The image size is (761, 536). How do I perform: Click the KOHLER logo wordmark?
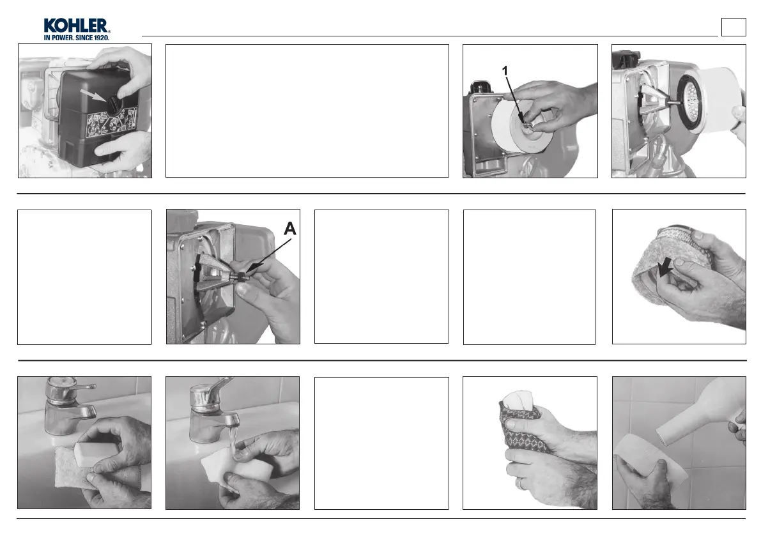pyautogui.click(x=76, y=26)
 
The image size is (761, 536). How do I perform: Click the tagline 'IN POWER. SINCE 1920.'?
pyautogui.click(x=77, y=38)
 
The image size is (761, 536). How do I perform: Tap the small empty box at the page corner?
pyautogui.click(x=734, y=27)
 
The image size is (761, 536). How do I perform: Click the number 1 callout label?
pyautogui.click(x=505, y=72)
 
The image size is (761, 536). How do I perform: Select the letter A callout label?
pyautogui.click(x=289, y=229)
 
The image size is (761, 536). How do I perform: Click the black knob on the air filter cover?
pyautogui.click(x=114, y=103)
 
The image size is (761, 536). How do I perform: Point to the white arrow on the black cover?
pyautogui.click(x=94, y=95)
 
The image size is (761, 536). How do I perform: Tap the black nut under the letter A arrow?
pyautogui.click(x=241, y=278)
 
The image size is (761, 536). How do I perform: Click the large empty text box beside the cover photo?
pyautogui.click(x=307, y=111)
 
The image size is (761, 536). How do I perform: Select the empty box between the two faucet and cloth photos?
pyautogui.click(x=381, y=443)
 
